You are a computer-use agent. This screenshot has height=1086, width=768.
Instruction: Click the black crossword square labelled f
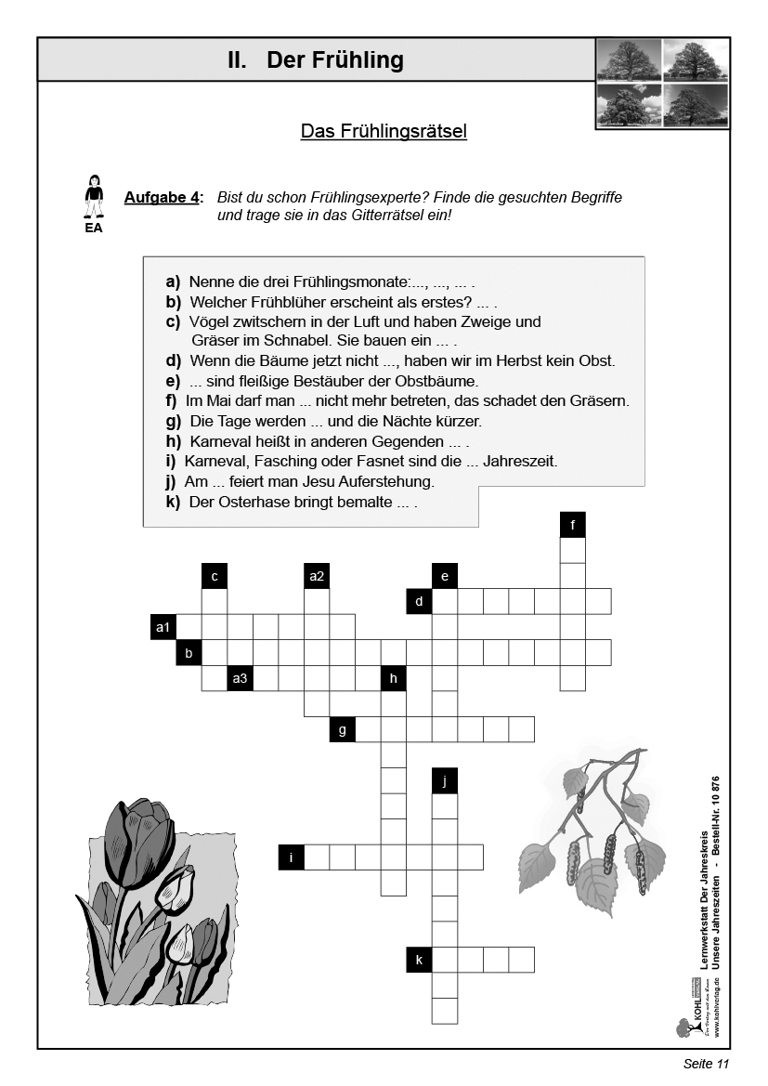(x=573, y=525)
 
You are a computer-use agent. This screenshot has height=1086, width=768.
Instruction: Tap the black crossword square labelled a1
(x=163, y=627)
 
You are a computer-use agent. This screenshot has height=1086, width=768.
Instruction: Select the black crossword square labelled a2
(x=317, y=576)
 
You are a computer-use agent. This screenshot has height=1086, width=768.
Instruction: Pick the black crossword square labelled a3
(x=241, y=678)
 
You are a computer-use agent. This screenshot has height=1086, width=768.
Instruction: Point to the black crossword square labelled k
(x=419, y=960)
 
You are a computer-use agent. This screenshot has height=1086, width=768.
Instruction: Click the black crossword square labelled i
(x=292, y=857)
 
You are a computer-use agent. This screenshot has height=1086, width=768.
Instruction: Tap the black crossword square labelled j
(x=445, y=780)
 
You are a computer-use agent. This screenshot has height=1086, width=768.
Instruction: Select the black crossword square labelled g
(x=343, y=729)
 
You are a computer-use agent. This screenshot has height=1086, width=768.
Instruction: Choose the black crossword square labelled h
(x=394, y=678)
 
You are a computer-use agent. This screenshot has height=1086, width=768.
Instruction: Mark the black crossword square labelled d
(x=419, y=602)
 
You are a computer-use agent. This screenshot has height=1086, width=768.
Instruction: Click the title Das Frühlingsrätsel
(x=384, y=131)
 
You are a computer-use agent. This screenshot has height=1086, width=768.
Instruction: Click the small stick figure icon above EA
(x=94, y=196)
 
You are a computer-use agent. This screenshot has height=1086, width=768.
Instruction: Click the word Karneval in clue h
(x=219, y=441)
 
